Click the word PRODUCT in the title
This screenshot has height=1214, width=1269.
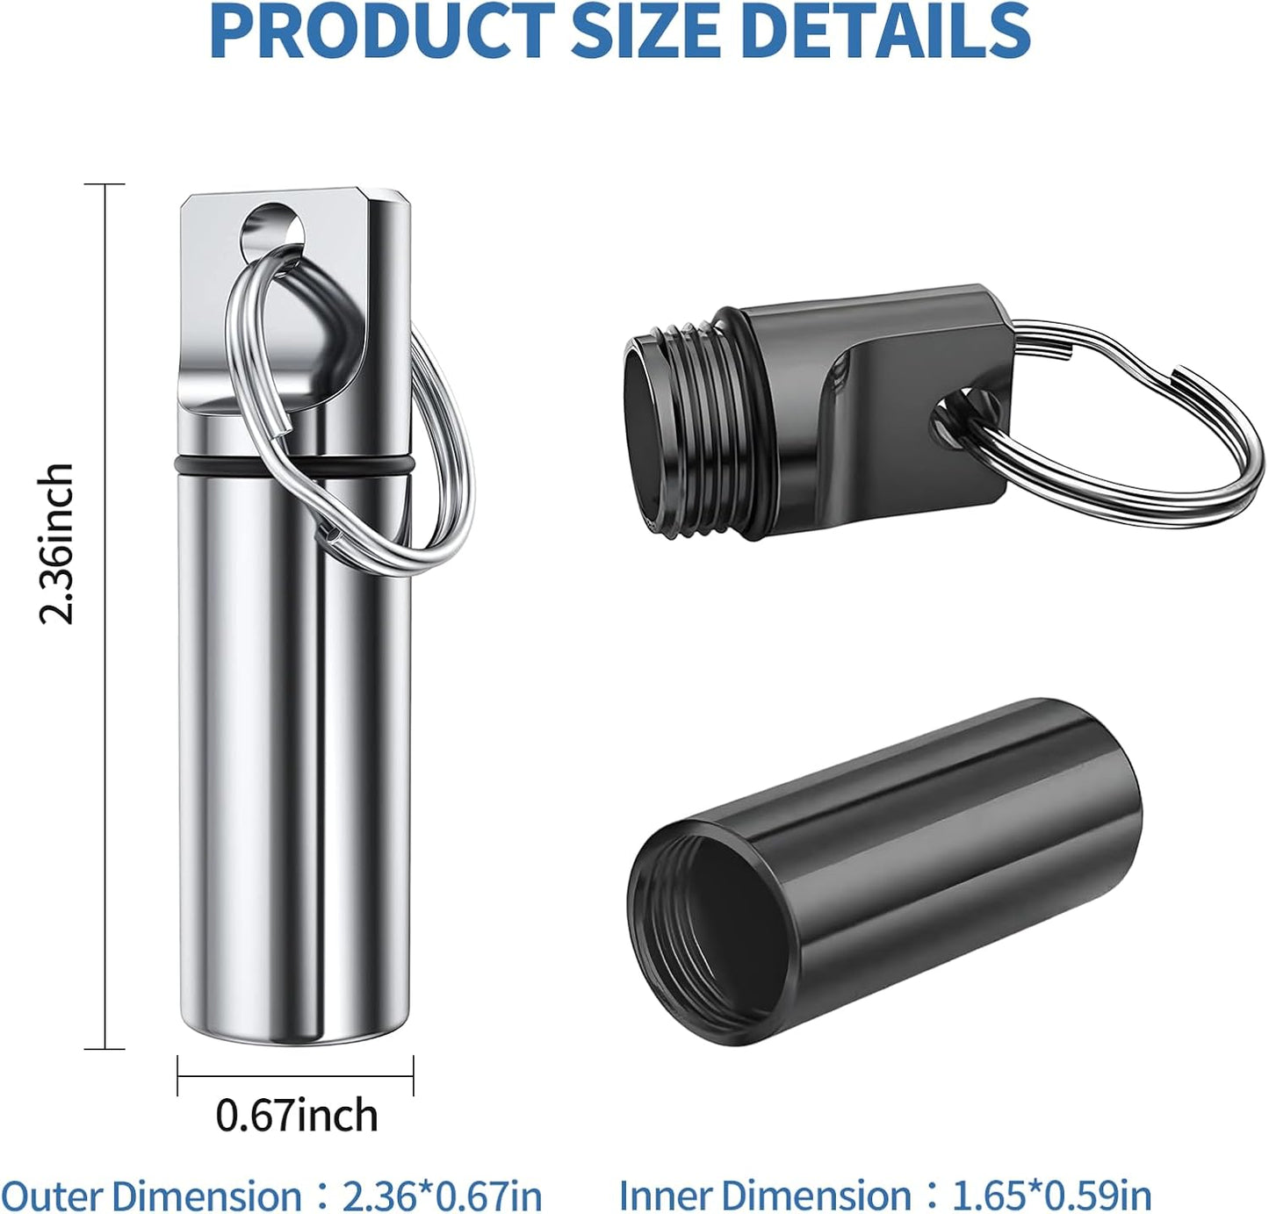[382, 31]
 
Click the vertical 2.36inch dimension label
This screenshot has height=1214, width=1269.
[56, 543]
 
